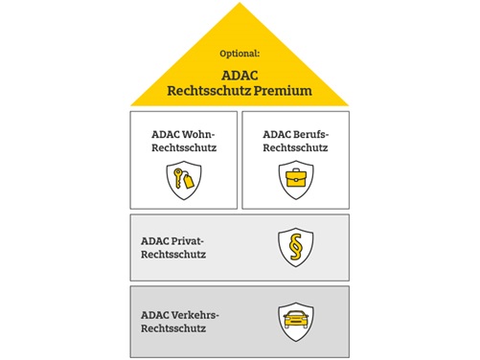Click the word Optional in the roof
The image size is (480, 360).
240,56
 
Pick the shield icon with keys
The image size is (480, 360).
183,178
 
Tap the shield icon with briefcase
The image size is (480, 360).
295,178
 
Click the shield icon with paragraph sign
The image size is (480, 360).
295,247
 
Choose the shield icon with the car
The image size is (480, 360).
295,321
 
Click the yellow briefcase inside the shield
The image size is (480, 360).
295,178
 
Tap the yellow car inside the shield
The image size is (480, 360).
295,321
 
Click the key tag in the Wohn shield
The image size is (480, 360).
189,180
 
